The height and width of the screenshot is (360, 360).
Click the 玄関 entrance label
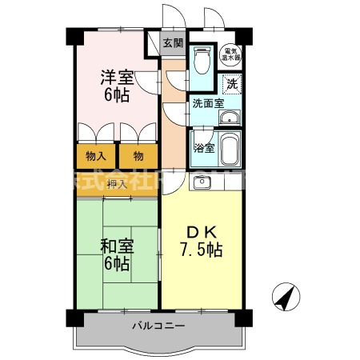tap(172, 43)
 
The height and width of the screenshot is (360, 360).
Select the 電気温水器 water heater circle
tap(230, 54)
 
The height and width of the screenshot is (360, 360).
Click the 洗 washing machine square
tap(231, 82)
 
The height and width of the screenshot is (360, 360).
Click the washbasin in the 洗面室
tap(230, 119)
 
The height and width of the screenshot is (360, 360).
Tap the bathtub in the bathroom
tap(230, 148)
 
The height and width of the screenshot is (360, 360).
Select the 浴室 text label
tap(204, 148)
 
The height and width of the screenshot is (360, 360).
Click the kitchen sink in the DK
tap(200, 182)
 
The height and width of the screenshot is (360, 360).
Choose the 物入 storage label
tap(96, 156)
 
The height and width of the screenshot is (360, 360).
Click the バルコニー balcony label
tap(158, 326)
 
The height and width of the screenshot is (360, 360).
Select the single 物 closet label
tap(138, 156)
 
